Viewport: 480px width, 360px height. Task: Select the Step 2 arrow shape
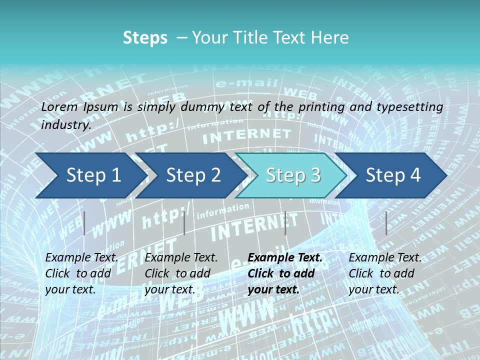tap(192, 175)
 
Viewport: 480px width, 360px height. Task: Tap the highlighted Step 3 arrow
tap(292, 175)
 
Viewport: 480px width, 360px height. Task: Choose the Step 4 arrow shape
tap(393, 175)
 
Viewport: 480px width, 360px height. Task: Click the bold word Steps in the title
tap(145, 38)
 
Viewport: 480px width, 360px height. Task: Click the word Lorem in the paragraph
tap(59, 106)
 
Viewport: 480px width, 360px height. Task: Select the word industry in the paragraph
tap(65, 125)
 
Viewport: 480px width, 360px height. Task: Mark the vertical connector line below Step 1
tap(84, 223)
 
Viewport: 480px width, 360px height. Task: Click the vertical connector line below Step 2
tap(184, 223)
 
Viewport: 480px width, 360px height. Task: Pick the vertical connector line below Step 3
tap(285, 223)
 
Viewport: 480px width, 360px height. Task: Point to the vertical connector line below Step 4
tap(386, 223)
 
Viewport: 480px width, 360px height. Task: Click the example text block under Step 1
tap(81, 273)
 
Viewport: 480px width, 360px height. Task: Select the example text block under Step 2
tap(181, 273)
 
